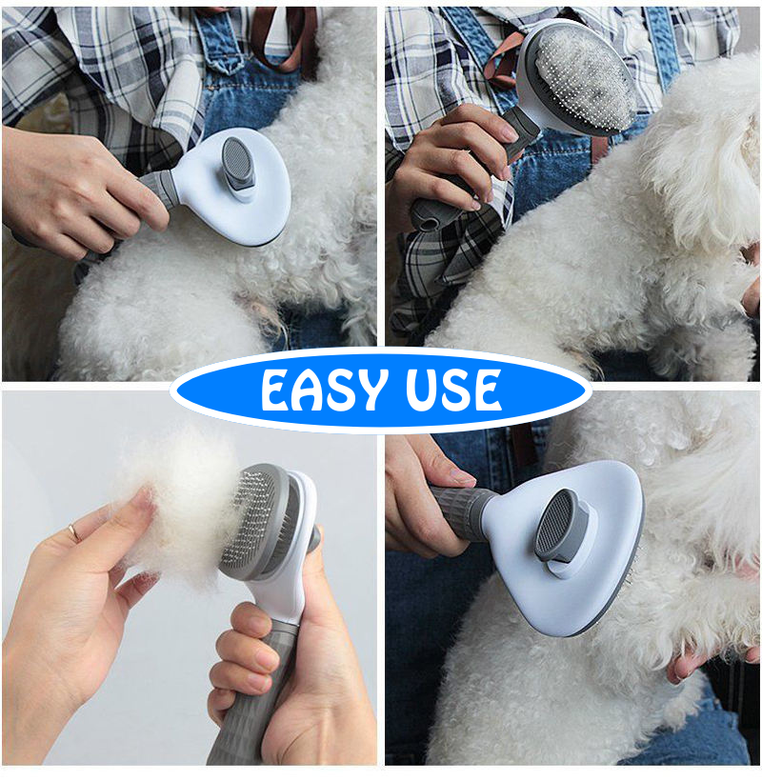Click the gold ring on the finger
[x=73, y=532]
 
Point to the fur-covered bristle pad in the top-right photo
[x=580, y=79]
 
